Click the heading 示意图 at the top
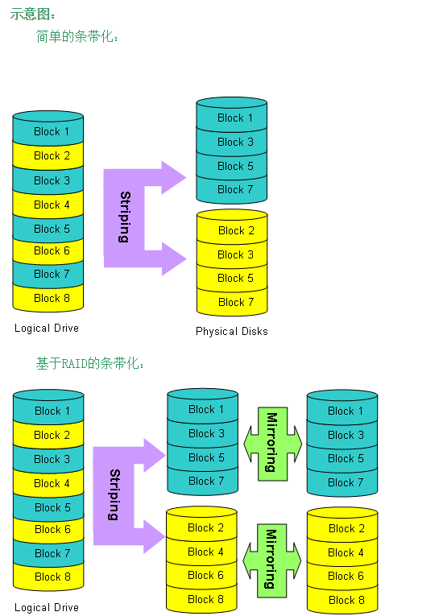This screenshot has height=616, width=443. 31,14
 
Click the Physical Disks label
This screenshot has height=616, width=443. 231,331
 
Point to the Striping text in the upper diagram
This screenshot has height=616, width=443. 125,217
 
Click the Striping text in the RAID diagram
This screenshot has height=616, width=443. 114,494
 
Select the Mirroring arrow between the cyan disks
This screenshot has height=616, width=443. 272,444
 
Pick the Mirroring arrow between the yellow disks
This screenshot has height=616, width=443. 272,560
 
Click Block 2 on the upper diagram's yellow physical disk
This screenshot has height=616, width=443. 236,230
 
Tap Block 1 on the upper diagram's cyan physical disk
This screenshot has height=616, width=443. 234,118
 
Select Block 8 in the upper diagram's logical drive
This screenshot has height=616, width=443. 52,298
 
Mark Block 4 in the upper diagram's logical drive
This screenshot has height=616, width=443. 52,205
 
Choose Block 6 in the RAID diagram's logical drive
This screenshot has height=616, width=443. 52,529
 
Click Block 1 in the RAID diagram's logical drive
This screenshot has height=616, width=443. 52,411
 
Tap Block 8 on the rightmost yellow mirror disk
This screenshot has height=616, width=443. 346,600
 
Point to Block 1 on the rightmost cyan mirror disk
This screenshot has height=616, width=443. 345,411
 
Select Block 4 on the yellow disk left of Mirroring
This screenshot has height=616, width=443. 205,552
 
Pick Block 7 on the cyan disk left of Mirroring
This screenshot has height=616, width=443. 206,481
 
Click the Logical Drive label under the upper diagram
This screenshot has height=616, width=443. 47,328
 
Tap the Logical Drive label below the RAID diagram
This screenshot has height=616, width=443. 47,608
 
